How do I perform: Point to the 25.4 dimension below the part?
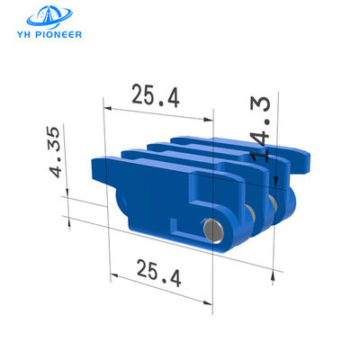coord(160,271)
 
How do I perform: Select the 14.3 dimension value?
coord(262,130)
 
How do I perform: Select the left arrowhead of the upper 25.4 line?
coord(108,109)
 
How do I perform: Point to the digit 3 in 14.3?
coord(262,107)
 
